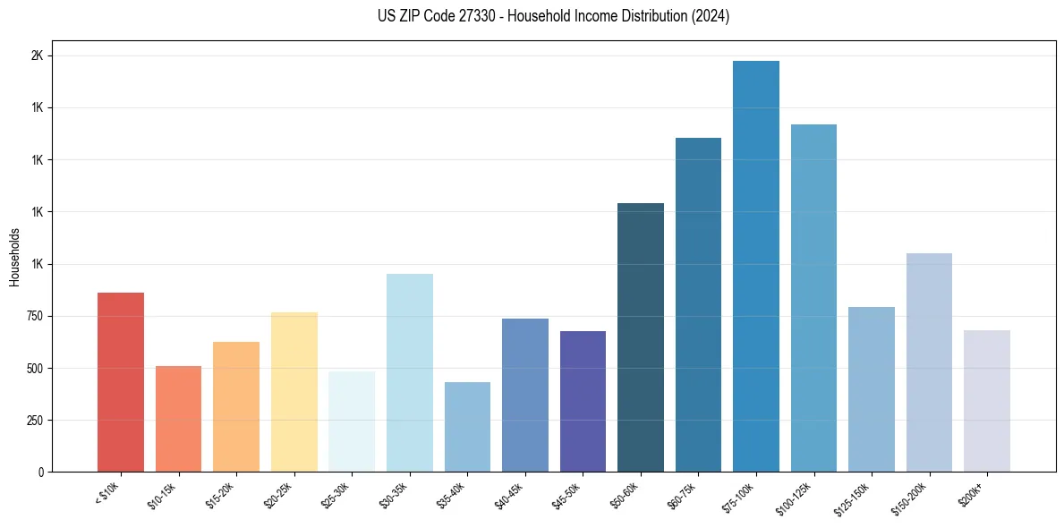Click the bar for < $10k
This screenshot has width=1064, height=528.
click(121, 382)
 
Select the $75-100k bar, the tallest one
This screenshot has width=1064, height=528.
click(756, 266)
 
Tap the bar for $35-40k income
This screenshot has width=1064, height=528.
click(467, 427)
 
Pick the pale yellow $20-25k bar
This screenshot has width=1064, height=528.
click(294, 392)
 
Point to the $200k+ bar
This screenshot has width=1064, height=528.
click(987, 401)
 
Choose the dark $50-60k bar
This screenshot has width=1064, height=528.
click(641, 337)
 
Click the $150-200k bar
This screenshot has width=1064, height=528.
click(929, 362)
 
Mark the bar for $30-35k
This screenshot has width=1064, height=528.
click(410, 372)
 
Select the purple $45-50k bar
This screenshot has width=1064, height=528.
click(583, 401)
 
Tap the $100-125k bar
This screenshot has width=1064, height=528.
click(813, 298)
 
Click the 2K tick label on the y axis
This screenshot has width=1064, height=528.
click(37, 55)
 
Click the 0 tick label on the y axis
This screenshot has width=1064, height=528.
click(41, 472)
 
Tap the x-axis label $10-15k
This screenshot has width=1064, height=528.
click(162, 495)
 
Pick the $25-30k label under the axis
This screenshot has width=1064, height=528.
click(336, 495)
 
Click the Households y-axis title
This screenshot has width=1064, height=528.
click(15, 257)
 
